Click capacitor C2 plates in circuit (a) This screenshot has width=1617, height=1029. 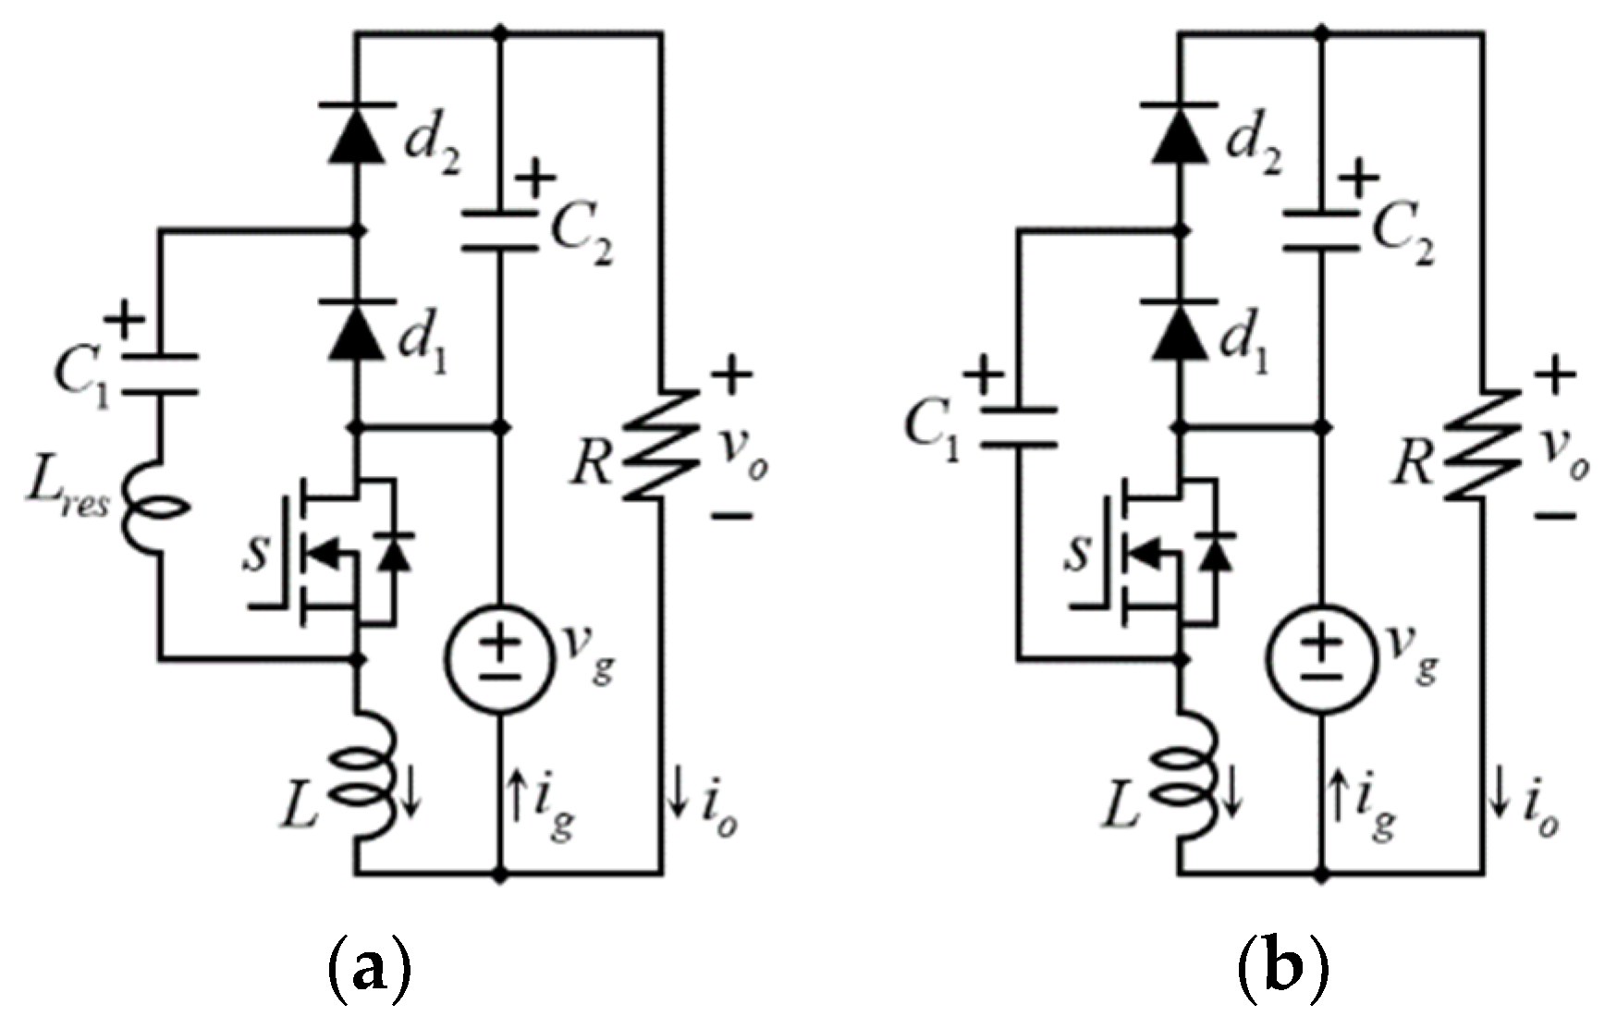pos(500,231)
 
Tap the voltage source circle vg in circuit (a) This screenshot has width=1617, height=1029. pos(500,659)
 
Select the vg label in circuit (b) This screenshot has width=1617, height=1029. pos(1413,653)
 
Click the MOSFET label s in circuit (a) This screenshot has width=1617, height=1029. pos(256,553)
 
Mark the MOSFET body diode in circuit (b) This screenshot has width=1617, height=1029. pos(1216,552)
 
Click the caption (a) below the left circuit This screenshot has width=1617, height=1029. pos(369,973)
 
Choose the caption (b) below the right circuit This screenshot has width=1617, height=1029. pos(1281,973)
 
